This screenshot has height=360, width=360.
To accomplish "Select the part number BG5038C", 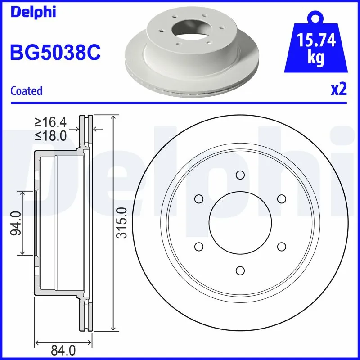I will pos(55,52).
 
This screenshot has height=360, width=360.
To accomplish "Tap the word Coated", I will pos(26,91).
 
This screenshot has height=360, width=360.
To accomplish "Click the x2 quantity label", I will pos(339,90).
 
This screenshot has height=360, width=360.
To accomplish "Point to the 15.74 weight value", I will pos(316,41).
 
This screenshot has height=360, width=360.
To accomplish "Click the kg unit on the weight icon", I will pos(316,59).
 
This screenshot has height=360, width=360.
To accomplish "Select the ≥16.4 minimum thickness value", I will pos(50,121).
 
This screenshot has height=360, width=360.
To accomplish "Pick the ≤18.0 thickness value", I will pos(50,135).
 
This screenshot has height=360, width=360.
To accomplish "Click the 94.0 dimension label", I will pos(16,224).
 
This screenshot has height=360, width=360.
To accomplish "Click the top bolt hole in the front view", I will pos(240,175).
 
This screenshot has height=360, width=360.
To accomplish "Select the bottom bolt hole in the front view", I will pos(240,270).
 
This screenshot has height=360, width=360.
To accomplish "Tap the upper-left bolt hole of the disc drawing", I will pos(198,199).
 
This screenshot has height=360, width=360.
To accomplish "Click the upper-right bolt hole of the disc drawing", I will pos(281,199).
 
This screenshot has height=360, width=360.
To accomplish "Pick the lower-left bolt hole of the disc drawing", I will pos(198,246).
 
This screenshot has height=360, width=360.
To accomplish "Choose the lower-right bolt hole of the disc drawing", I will pos(281,246).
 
